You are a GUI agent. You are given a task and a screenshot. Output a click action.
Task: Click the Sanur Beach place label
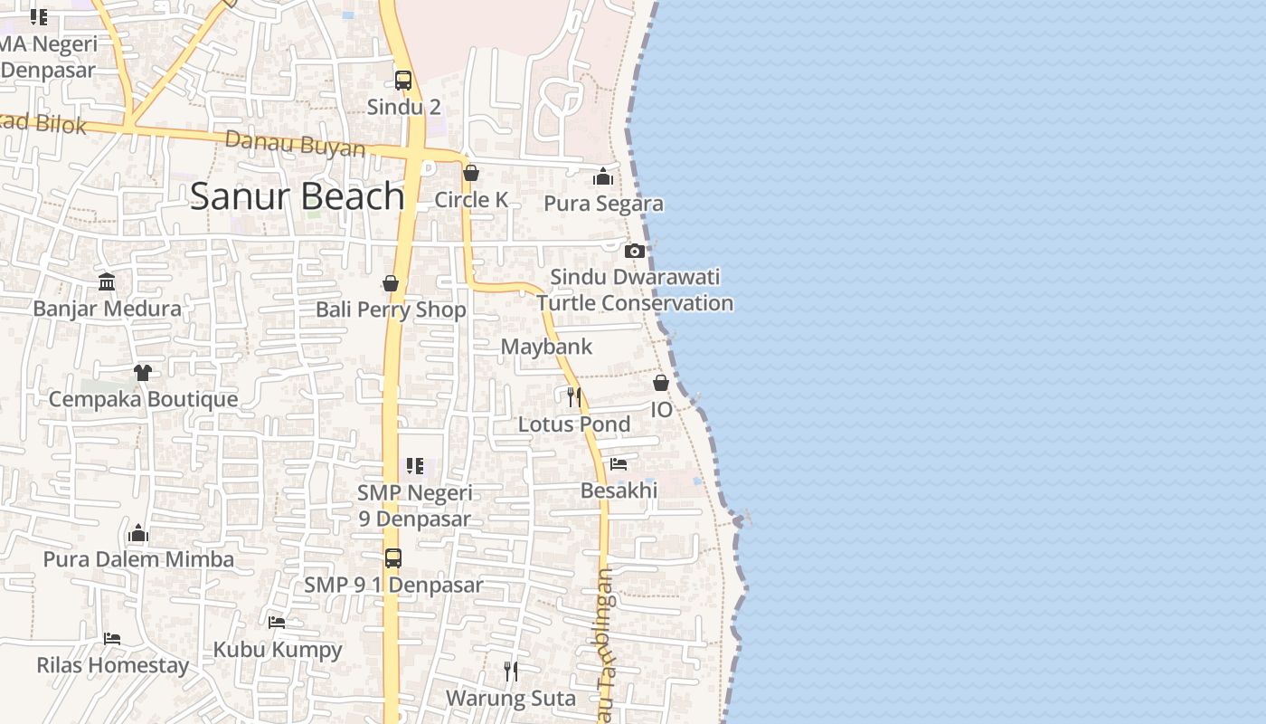click(297, 196)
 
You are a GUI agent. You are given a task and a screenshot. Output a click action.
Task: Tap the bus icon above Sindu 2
click(403, 80)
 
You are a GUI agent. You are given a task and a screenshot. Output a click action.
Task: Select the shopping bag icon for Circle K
click(471, 173)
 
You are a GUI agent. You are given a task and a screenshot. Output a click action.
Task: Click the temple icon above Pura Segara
click(603, 176)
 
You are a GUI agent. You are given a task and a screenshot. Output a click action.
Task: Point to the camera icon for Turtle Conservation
click(635, 251)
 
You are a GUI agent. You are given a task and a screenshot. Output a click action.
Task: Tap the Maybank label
click(546, 347)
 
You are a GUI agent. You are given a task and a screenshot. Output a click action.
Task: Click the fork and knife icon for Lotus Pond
click(573, 396)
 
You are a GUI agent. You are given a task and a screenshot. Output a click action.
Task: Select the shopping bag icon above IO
click(661, 383)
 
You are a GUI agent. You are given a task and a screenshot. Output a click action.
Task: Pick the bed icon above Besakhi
click(619, 464)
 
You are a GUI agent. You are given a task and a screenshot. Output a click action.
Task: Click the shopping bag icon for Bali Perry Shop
click(391, 283)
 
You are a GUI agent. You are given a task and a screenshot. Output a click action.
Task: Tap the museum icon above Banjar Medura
click(107, 281)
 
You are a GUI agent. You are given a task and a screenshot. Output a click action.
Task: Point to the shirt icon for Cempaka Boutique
click(143, 372)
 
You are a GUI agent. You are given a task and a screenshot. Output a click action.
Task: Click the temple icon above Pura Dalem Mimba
click(138, 533)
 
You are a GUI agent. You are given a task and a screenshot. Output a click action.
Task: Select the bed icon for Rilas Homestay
click(112, 638)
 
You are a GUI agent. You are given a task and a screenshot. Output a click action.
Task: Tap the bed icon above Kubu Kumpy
click(277, 622)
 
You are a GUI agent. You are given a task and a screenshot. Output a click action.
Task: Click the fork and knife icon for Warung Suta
click(511, 671)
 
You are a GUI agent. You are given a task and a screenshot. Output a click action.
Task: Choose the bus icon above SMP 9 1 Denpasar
click(393, 557)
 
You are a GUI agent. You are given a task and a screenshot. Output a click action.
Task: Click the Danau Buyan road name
click(295, 144)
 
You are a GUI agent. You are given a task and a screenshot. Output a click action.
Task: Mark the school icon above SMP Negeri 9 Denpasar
click(414, 466)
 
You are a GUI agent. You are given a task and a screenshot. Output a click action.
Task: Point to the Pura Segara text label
click(604, 204)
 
